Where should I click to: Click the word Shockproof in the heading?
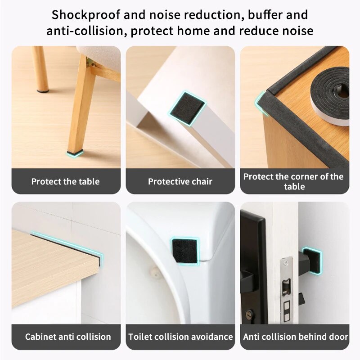[86, 15]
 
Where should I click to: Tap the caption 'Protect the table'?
[66, 182]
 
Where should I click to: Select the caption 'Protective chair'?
[180, 182]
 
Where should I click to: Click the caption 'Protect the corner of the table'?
[294, 181]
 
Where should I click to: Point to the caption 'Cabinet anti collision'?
[68, 337]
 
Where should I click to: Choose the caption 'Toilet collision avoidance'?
[180, 337]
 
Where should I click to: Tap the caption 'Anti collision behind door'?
[295, 337]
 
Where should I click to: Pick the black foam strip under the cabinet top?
[67, 245]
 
